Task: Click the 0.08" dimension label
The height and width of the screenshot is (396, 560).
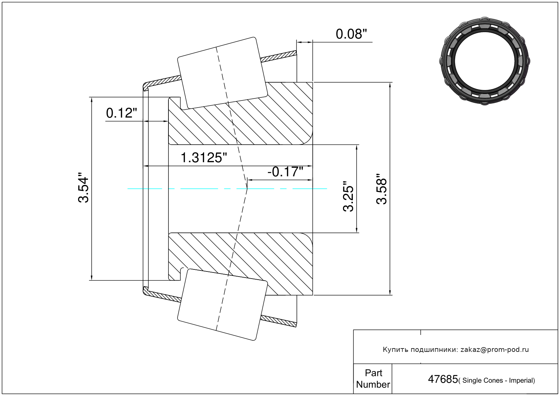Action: click(351, 34)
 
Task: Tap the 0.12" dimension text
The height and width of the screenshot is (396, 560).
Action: click(122, 113)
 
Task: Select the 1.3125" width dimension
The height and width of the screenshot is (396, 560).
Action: click(204, 158)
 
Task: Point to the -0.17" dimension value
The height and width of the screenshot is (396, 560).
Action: click(285, 172)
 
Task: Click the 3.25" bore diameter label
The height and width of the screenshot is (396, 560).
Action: click(348, 196)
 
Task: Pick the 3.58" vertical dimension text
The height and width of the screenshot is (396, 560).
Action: click(381, 189)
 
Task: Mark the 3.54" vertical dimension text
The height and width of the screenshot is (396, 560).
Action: click(83, 187)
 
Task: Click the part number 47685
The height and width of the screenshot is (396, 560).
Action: click(443, 379)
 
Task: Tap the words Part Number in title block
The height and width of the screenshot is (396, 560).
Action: click(373, 378)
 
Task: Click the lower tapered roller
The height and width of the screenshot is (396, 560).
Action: click(222, 305)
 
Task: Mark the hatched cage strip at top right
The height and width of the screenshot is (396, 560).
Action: click(278, 56)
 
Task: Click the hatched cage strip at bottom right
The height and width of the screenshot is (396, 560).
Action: click(278, 321)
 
